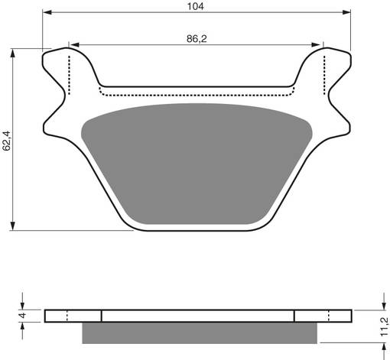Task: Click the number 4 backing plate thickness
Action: click(x=24, y=316)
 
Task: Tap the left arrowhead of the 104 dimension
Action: click(x=47, y=14)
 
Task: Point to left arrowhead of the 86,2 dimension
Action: click(x=73, y=44)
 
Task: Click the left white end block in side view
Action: click(x=73, y=316)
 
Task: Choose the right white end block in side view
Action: click(x=322, y=316)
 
